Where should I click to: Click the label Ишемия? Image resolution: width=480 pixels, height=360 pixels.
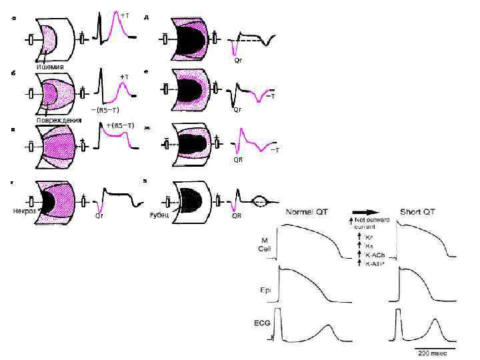point(50,67)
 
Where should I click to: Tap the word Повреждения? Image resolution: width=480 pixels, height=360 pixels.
point(59,120)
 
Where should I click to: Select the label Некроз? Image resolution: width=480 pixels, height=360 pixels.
point(25,210)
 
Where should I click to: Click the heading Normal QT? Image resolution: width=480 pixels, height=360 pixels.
point(309,212)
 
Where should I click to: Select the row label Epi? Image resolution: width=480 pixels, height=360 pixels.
point(265,290)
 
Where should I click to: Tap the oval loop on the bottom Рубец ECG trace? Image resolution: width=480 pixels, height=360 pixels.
point(261,198)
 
